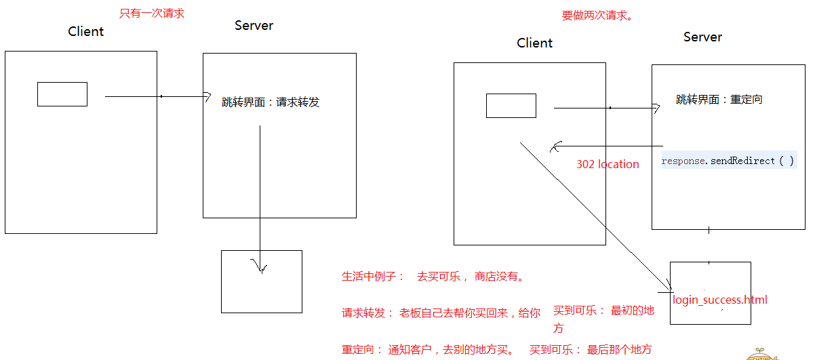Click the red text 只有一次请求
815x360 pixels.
[x=152, y=14]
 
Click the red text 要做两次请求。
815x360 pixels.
[x=597, y=16]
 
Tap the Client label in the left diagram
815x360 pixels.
[x=86, y=32]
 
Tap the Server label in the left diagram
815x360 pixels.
[x=254, y=26]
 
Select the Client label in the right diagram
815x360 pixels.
[x=534, y=43]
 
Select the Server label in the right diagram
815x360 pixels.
[x=702, y=37]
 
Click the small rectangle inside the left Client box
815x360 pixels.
[x=62, y=94]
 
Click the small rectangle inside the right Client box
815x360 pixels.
[x=511, y=106]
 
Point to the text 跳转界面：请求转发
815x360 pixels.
[x=271, y=103]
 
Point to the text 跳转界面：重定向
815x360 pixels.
[x=719, y=100]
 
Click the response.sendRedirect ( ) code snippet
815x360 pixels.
[x=728, y=161]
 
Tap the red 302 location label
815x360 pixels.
[x=608, y=164]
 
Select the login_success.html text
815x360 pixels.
[x=720, y=300]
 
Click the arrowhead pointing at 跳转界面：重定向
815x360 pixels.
[x=656, y=108]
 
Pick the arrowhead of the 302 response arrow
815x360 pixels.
[x=555, y=147]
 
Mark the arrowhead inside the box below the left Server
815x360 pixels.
[x=260, y=266]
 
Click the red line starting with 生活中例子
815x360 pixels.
[x=433, y=277]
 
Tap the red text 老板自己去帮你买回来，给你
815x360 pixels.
[x=470, y=313]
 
